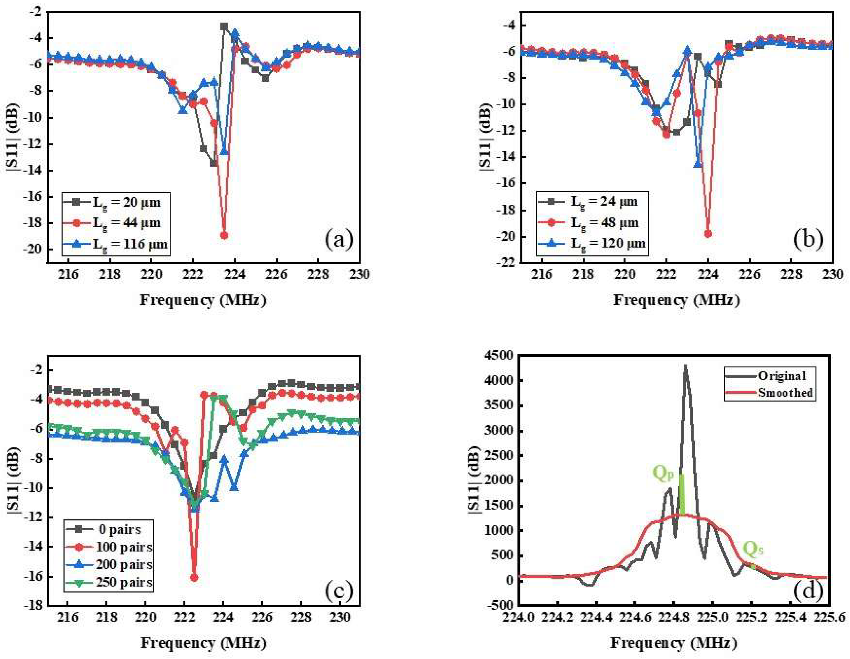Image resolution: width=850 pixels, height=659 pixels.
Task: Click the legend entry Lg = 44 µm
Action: pyautogui.click(x=126, y=223)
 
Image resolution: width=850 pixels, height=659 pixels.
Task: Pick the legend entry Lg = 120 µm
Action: pyautogui.click(x=607, y=244)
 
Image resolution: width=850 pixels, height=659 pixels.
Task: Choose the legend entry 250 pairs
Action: pyautogui.click(x=124, y=582)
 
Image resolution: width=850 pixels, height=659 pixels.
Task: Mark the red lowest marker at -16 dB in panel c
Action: pyautogui.click(x=194, y=577)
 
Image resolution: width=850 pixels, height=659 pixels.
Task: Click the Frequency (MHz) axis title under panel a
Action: pyautogui.click(x=203, y=300)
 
